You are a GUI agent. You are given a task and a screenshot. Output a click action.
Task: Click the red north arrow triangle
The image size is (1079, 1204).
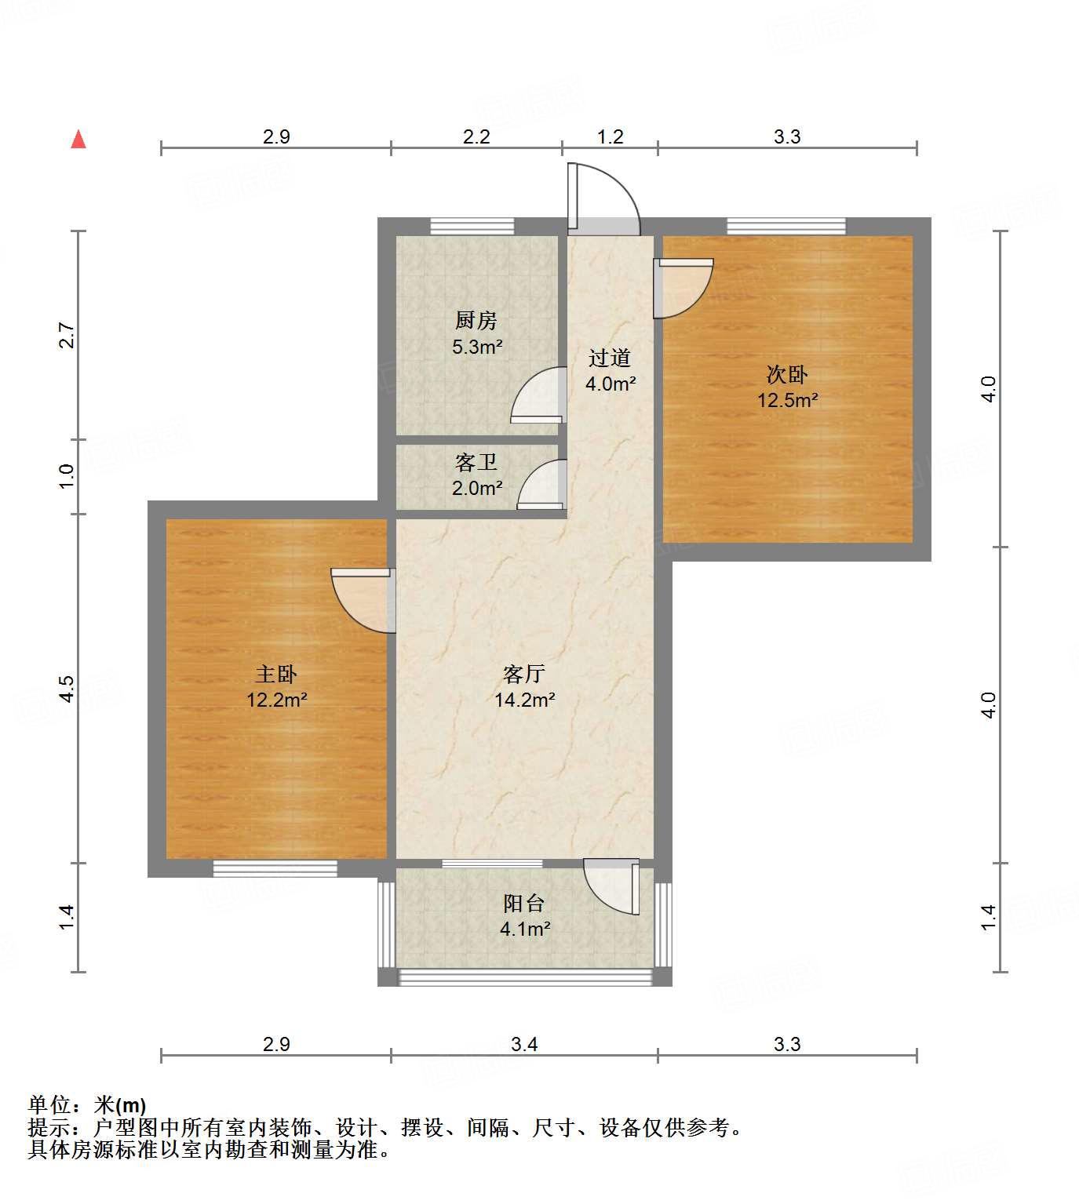point(78,140)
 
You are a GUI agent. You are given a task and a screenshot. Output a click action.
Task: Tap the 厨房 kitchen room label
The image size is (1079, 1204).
point(476,320)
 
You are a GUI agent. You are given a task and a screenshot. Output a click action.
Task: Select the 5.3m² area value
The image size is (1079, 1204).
point(477,347)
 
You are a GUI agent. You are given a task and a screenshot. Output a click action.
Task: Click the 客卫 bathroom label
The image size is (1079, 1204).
point(476,462)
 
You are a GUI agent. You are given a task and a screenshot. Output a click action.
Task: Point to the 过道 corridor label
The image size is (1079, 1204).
point(610,358)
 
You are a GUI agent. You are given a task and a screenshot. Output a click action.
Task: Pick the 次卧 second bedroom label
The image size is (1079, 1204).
point(787,374)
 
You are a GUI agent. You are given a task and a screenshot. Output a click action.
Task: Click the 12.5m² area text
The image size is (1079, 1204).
point(787,400)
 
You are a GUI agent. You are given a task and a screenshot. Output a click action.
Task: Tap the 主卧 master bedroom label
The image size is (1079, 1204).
point(276,674)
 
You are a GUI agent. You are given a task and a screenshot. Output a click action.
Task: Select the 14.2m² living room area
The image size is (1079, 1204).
point(525,700)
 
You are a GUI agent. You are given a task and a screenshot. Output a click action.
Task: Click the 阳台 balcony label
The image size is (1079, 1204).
point(524,903)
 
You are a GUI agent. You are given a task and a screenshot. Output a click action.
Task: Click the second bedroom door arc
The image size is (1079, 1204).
point(683,289)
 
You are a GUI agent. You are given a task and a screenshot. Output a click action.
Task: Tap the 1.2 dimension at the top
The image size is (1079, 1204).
point(610,137)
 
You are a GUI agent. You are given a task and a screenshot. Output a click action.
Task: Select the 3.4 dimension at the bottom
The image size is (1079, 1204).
point(524,1044)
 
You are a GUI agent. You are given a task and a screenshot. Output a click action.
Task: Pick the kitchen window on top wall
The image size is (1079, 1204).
point(472,227)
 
